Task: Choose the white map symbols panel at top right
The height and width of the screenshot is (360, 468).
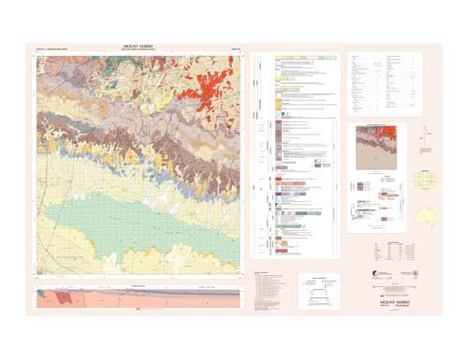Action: click(384, 84)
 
